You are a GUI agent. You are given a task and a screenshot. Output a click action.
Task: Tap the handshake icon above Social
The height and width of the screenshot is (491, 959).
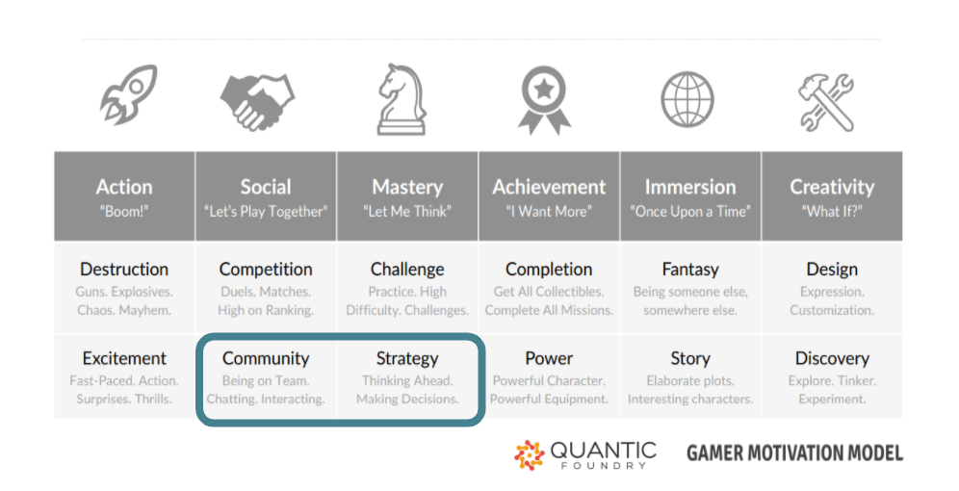257,101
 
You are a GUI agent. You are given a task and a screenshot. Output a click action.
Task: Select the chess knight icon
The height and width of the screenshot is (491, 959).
402,99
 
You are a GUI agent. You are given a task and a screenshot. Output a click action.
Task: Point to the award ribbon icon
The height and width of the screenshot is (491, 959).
544,100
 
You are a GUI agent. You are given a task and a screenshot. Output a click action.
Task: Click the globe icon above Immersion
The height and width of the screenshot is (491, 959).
687,100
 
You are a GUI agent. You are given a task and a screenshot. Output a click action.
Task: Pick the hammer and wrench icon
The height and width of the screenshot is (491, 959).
826,101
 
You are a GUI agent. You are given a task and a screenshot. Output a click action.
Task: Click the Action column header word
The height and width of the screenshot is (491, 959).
124,187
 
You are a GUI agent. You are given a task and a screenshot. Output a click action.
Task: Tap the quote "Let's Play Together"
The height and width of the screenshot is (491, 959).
266,212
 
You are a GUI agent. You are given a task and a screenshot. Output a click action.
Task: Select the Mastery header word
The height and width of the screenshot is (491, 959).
407,187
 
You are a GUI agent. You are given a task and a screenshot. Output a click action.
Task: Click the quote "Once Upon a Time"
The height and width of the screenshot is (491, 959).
690,212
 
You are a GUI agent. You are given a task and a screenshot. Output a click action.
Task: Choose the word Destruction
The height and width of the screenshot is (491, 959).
124,269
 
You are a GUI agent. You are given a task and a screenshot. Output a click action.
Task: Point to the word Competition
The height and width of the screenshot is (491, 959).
266,270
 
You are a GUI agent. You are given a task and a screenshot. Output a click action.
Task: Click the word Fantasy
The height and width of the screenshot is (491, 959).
690,270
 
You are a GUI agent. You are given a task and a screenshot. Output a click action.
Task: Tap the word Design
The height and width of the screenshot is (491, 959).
832,270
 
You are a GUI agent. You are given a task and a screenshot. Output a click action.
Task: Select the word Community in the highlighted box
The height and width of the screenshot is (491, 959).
266,358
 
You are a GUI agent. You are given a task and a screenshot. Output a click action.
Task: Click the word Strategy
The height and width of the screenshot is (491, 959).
407,358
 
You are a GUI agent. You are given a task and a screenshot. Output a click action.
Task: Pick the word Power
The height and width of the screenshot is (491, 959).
549,358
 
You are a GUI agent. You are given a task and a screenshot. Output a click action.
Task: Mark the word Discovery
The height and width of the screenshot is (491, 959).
832,358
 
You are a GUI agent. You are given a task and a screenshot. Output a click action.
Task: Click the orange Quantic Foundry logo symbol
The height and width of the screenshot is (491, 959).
529,455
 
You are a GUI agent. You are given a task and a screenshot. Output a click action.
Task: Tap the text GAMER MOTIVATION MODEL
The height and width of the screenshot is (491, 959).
794,453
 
